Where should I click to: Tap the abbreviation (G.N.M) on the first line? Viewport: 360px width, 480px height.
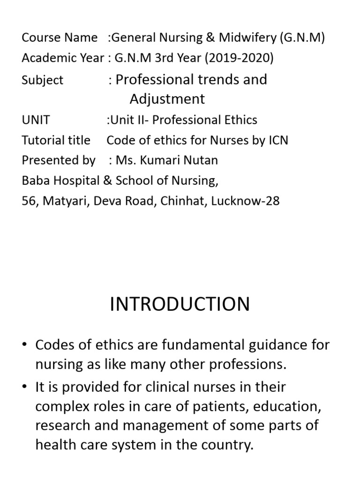[x=302, y=37]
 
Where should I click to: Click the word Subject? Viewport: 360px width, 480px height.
[x=42, y=80]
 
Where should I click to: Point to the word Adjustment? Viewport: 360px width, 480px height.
[x=167, y=99]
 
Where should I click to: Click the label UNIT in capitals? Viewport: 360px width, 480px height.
[x=36, y=120]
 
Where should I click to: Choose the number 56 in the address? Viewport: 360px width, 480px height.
[x=29, y=201]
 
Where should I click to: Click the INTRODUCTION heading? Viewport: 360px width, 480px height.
[x=180, y=305]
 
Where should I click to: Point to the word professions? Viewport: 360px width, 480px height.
[x=250, y=365]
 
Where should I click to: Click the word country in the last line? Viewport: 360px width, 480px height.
[x=227, y=444]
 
